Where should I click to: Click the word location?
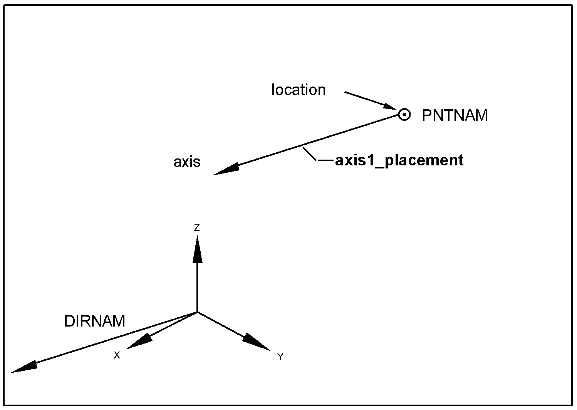point(299,90)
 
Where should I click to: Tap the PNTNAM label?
point(455,115)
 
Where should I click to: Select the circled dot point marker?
point(404,115)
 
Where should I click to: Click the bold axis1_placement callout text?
point(399,160)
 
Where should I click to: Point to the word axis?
point(187,162)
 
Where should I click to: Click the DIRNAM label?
point(94,321)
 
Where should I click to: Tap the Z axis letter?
point(197,228)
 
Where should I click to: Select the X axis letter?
point(117,355)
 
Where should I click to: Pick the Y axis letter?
point(280,357)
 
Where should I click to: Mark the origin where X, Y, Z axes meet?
point(197,312)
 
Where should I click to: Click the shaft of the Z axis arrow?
point(197,287)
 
